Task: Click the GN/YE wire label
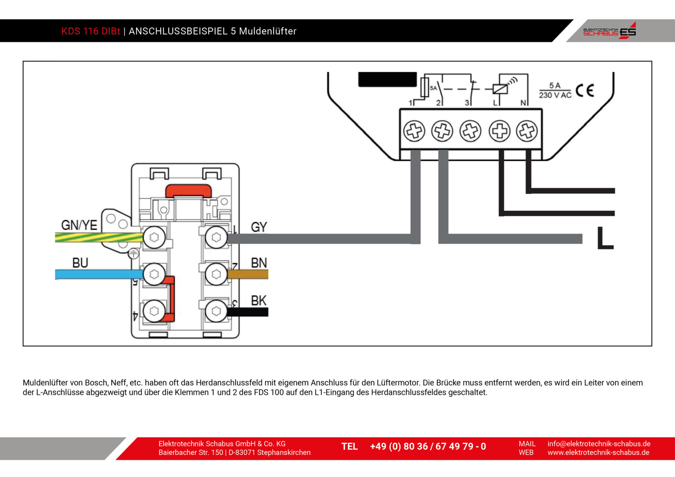click(79, 225)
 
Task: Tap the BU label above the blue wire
click(80, 263)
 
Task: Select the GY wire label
click(259, 227)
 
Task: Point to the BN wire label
click(259, 263)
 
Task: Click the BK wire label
click(259, 300)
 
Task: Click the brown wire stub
click(248, 275)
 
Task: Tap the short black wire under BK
click(248, 312)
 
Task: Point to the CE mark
click(584, 91)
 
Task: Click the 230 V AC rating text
click(555, 95)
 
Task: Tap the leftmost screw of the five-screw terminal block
click(414, 131)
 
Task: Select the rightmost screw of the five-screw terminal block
click(527, 131)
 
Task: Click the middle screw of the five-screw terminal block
click(470, 131)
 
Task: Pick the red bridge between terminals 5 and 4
click(171, 298)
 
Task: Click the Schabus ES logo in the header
click(609, 31)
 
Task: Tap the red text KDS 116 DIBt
click(91, 31)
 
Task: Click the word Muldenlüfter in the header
click(268, 31)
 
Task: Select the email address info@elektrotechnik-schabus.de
click(599, 444)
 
